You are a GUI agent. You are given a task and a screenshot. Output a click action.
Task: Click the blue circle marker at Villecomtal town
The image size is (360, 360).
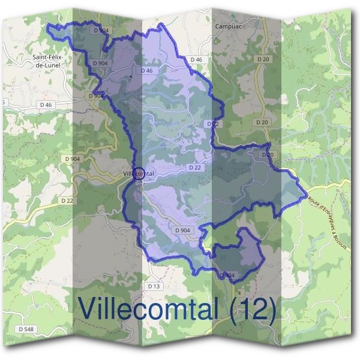click(x=139, y=173)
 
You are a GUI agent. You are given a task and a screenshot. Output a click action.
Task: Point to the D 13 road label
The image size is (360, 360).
click(x=154, y=287)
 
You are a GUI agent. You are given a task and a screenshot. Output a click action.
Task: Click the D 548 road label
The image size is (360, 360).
click(x=26, y=329)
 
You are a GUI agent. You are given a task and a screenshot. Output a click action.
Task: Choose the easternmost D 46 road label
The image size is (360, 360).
click(x=196, y=60)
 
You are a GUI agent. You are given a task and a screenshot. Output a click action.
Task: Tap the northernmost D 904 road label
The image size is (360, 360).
click(x=101, y=29)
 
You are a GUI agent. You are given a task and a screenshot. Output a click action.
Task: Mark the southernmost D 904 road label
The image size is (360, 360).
click(x=227, y=275)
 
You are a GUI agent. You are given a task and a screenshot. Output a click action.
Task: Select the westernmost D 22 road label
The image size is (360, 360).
click(x=67, y=200)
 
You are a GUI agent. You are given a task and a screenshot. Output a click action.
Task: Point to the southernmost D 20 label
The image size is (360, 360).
click(x=268, y=155)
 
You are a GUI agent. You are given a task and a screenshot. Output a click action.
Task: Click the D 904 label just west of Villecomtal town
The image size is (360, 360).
click(x=70, y=158)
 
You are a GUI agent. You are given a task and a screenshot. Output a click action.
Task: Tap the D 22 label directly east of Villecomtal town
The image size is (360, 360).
click(x=194, y=168)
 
